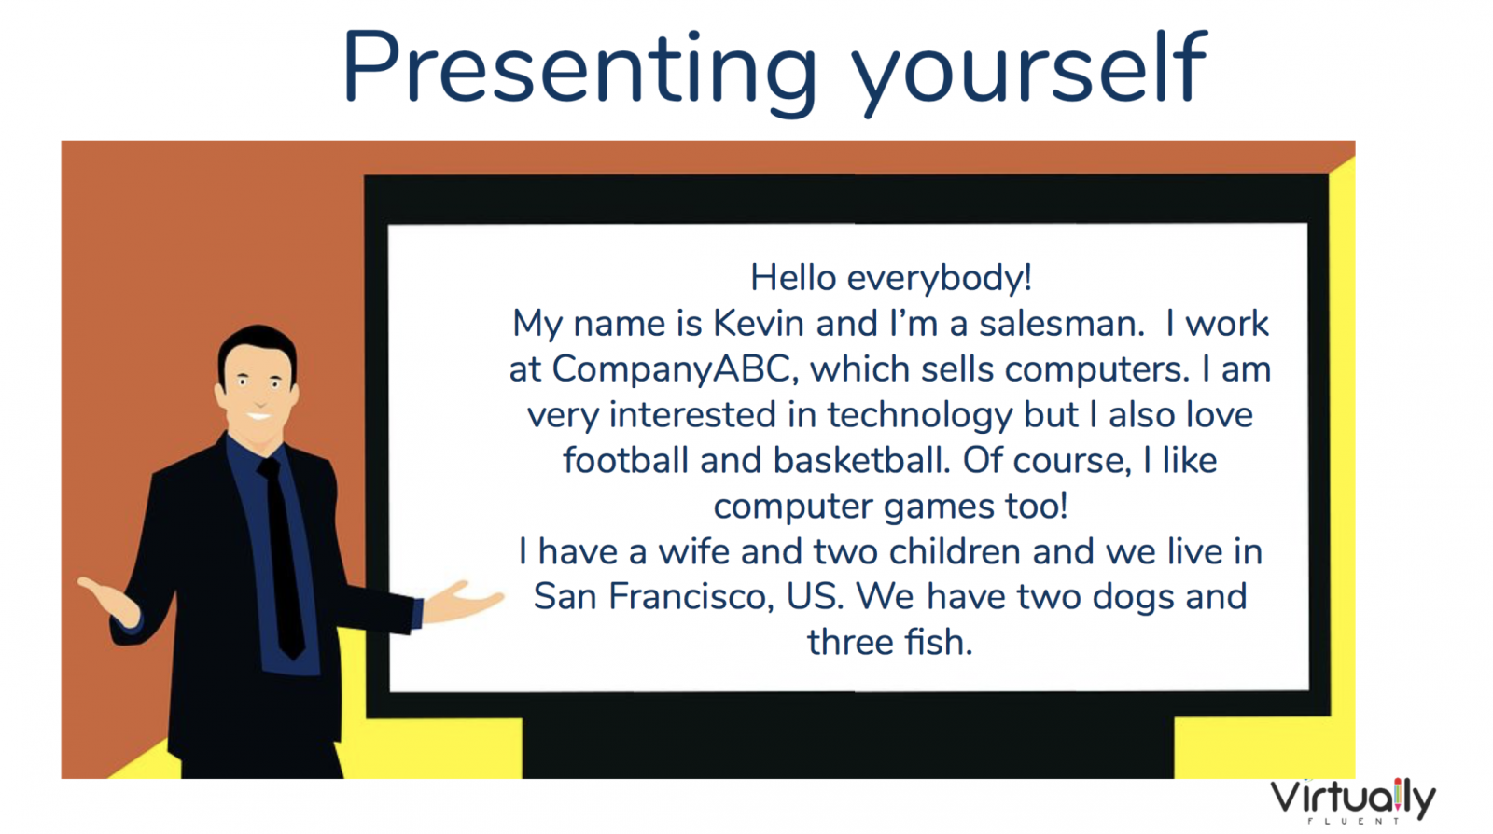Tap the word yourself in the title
[x=1029, y=70]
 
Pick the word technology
[x=920, y=416]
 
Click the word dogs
[x=1133, y=598]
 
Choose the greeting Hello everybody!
[x=891, y=278]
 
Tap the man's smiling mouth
[x=258, y=417]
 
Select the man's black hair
[x=258, y=350]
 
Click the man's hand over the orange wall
[x=110, y=601]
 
